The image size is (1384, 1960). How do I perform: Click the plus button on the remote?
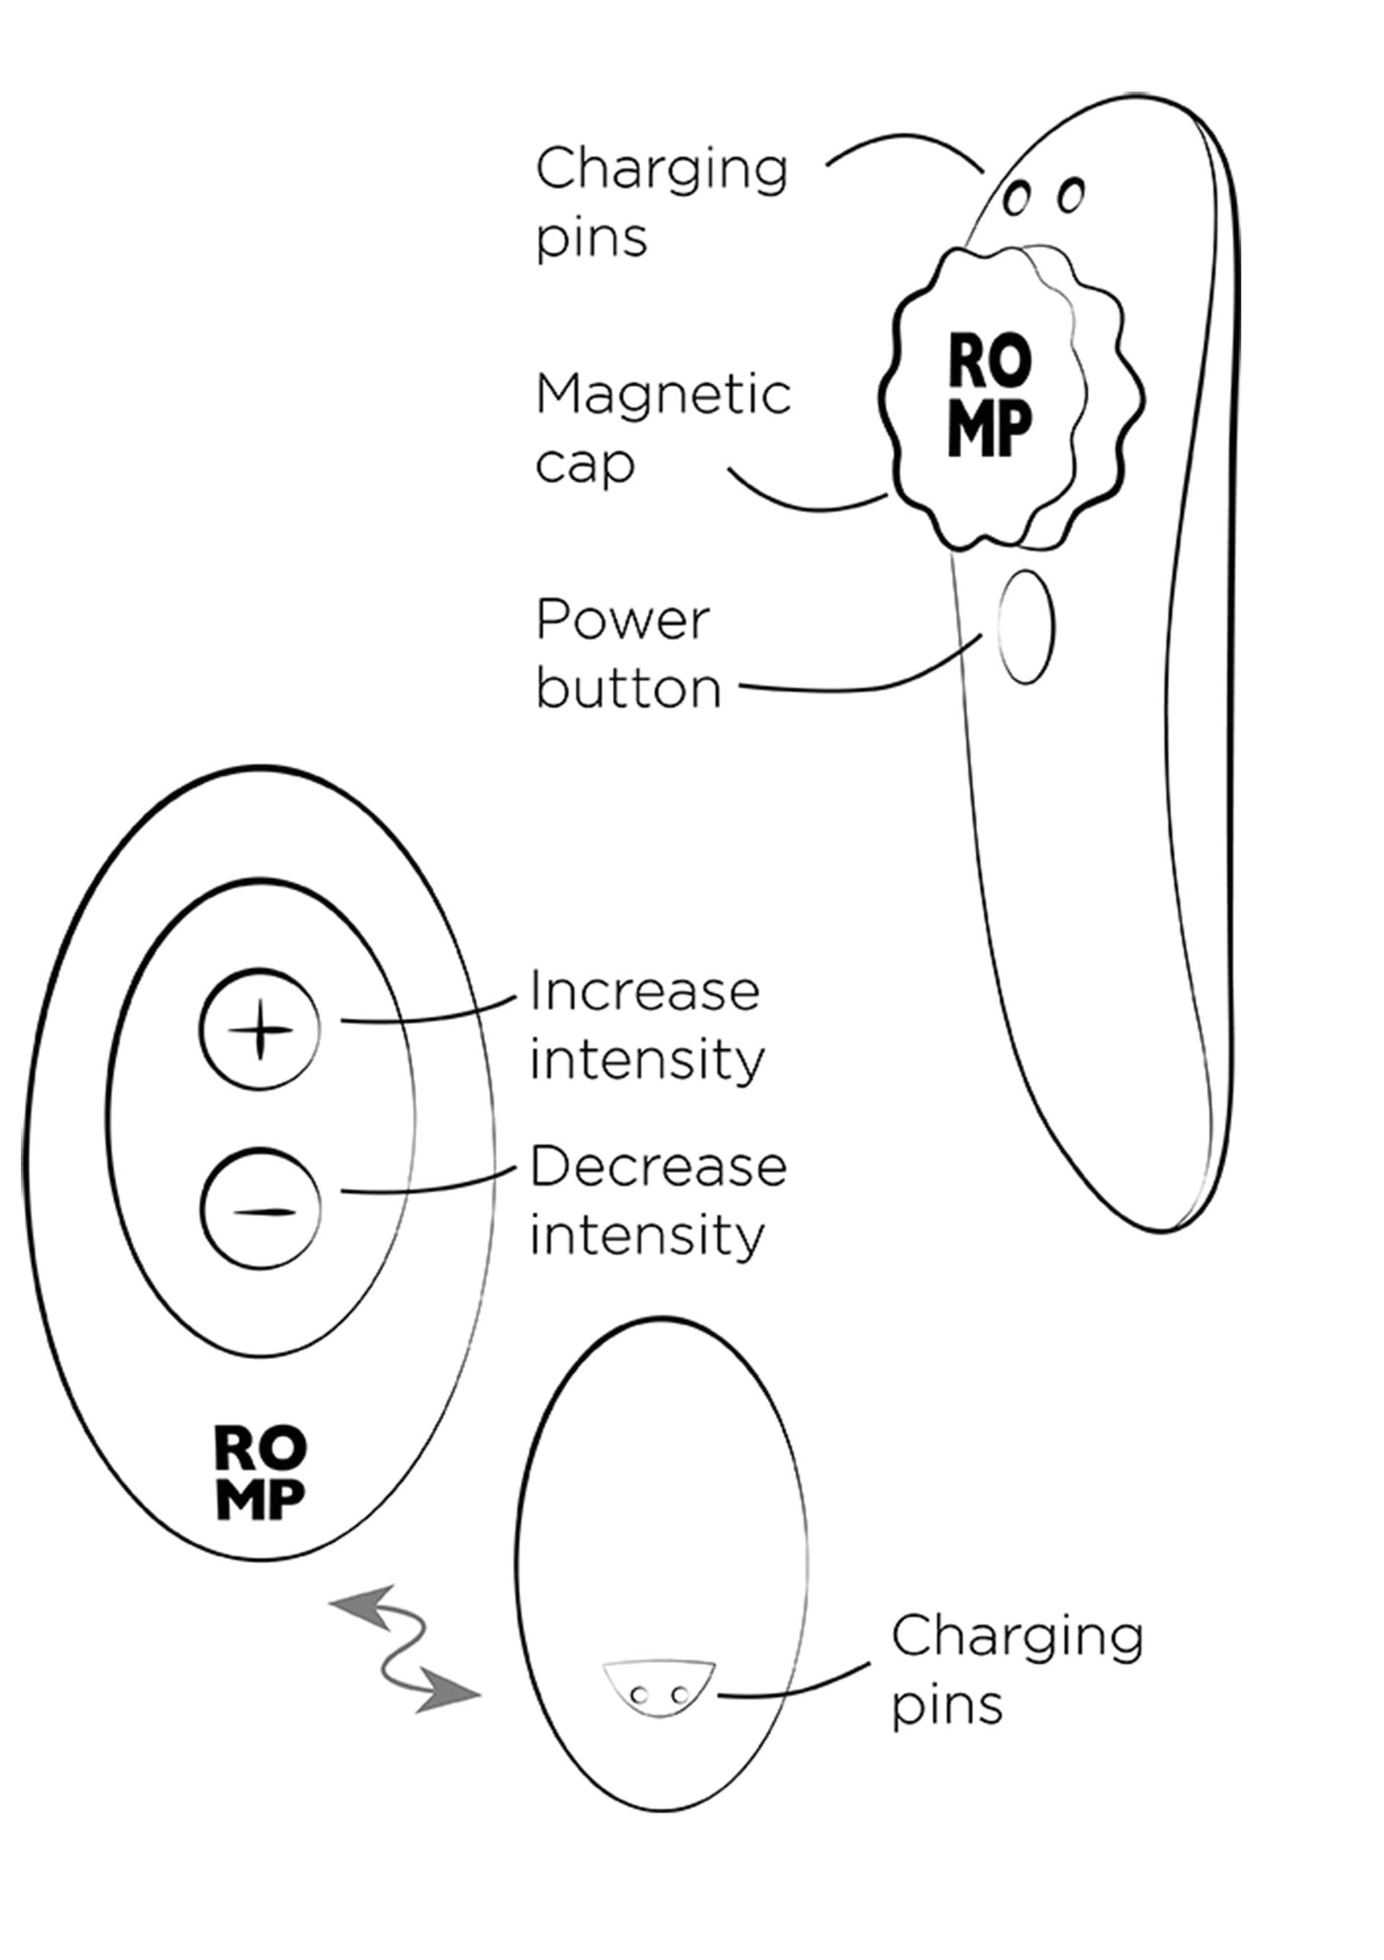tap(260, 1030)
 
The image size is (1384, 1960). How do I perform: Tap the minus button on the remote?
tap(261, 1210)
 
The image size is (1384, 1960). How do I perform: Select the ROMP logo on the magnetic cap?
tap(990, 394)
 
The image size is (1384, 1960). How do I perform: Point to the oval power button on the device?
tap(1026, 627)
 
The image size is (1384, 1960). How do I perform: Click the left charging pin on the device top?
tap(1016, 199)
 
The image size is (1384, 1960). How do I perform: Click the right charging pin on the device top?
tap(1071, 194)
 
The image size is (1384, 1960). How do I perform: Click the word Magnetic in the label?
tap(663, 394)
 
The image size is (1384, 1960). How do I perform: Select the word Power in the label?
tap(623, 620)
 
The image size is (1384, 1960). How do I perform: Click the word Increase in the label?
tap(645, 991)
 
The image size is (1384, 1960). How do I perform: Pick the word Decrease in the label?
tap(658, 1167)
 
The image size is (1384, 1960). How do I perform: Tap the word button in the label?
tap(628, 688)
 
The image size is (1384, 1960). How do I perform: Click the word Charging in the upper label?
tap(662, 170)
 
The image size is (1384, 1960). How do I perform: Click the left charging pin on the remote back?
tap(640, 1696)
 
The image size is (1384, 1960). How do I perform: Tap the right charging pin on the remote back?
tap(679, 1696)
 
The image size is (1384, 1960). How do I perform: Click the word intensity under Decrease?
tap(647, 1236)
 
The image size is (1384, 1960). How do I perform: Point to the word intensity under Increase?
tap(647, 1061)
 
